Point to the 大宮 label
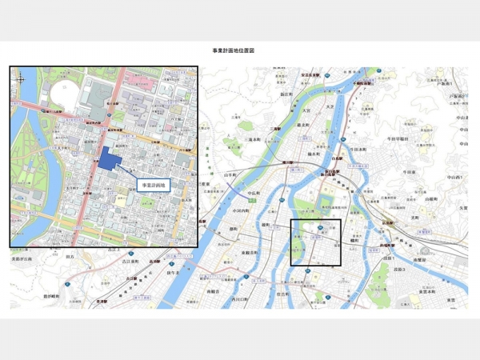click(x=305, y=112)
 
